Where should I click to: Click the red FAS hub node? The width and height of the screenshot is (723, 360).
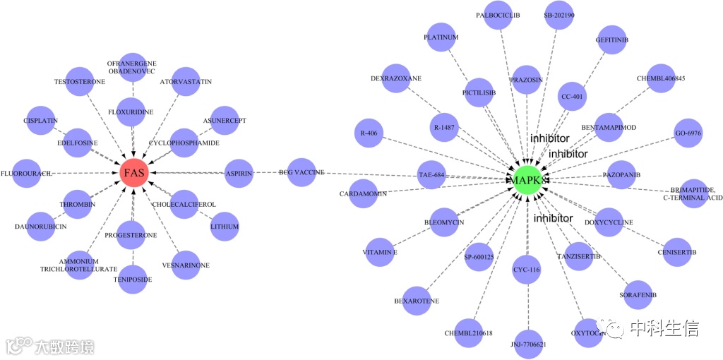133,172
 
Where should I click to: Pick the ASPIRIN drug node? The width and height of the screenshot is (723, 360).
238,173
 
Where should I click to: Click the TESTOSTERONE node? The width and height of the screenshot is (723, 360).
80,82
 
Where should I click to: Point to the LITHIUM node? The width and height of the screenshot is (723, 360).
225,227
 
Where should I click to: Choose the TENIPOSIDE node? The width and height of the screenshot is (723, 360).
133,279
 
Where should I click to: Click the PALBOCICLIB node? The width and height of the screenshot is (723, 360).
498,16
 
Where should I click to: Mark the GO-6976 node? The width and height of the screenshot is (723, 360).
688,133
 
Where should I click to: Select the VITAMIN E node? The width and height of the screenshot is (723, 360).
380,252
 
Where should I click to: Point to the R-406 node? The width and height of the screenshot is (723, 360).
368,133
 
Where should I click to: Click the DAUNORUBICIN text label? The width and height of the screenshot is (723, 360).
41,227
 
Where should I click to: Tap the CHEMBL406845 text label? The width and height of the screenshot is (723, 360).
661,78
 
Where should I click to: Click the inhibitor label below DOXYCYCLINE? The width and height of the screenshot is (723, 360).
553,218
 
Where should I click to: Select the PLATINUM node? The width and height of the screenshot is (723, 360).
441,37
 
